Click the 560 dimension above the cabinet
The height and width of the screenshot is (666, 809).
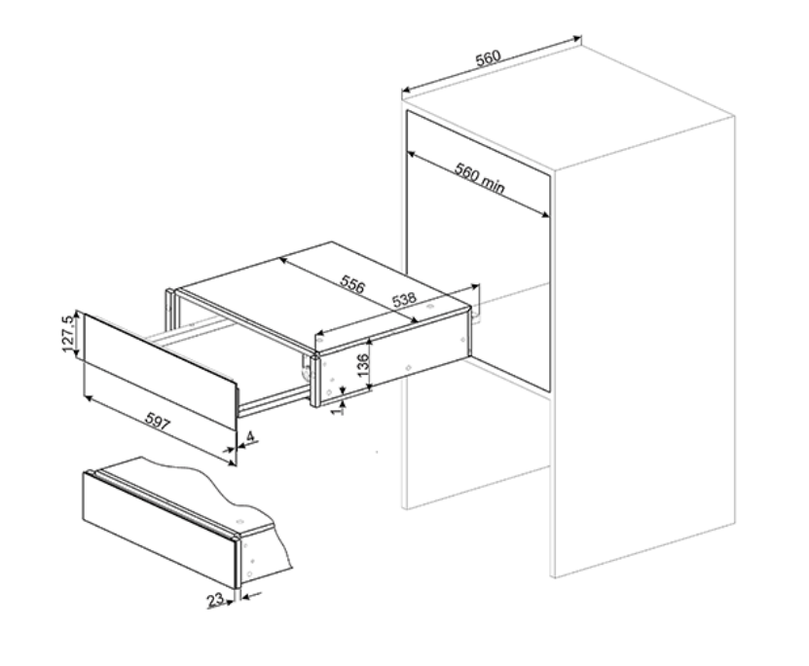coord(488,57)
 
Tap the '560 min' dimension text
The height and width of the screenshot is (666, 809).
coord(479,178)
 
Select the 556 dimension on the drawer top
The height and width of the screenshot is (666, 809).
coord(352,283)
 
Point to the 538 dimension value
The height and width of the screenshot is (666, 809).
coord(404,299)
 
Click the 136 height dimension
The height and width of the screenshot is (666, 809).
coord(363,364)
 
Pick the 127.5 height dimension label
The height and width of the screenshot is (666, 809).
coord(68,333)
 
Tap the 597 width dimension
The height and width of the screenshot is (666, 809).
coord(157,421)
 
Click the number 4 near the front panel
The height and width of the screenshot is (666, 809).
coord(250,436)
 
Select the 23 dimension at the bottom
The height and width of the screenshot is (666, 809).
coord(215,600)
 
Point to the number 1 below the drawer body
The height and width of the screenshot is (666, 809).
coord(339,410)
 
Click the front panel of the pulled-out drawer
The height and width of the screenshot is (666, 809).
coord(160,370)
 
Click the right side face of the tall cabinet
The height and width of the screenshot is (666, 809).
coord(644,347)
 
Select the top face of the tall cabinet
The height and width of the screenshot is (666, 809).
coord(568,106)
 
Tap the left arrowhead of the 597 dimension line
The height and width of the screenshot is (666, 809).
coord(87,397)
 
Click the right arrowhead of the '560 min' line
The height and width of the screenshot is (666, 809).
coord(546,215)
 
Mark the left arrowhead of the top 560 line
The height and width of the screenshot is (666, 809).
coord(406,91)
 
